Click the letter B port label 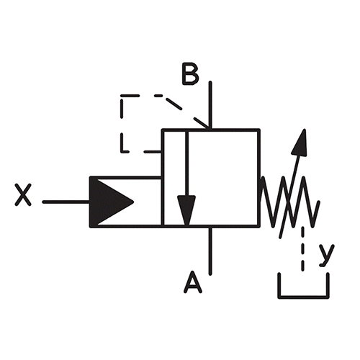[x=191, y=74]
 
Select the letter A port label [x=193, y=282]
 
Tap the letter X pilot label [x=23, y=194]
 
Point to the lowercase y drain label [x=327, y=255]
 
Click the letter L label [x=125, y=143]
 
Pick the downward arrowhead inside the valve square [x=186, y=210]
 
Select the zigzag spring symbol [x=290, y=202]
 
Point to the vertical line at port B [x=210, y=105]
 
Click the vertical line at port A [x=210, y=251]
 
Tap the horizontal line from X [x=66, y=202]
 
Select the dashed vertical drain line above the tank [x=303, y=248]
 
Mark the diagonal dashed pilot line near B [x=187, y=112]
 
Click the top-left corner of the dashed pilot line [x=122, y=96]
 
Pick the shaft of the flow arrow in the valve [x=186, y=163]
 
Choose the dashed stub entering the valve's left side [x=153, y=152]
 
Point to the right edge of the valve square [x=258, y=178]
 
